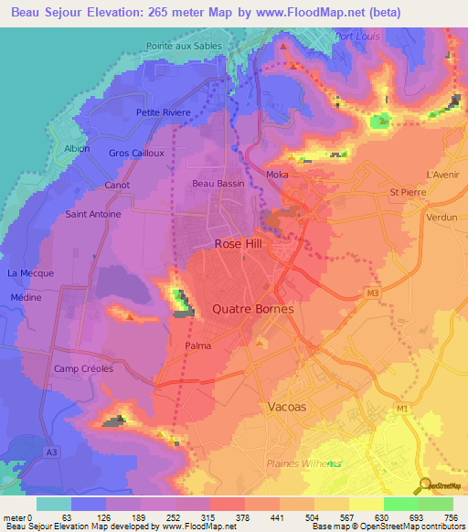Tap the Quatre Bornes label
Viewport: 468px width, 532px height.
(x=253, y=309)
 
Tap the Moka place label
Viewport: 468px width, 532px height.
(x=277, y=174)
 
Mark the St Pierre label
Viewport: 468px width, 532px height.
(x=409, y=192)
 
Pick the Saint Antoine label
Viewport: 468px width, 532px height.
(x=92, y=215)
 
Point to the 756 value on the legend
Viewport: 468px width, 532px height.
(x=451, y=517)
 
